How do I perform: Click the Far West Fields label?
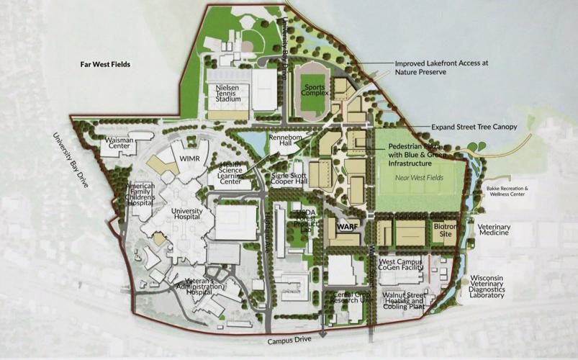[x=104, y=64]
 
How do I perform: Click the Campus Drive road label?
[x=288, y=341]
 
